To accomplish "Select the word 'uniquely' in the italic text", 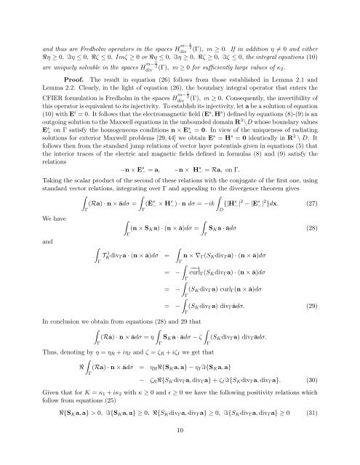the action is coord(60,43).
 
